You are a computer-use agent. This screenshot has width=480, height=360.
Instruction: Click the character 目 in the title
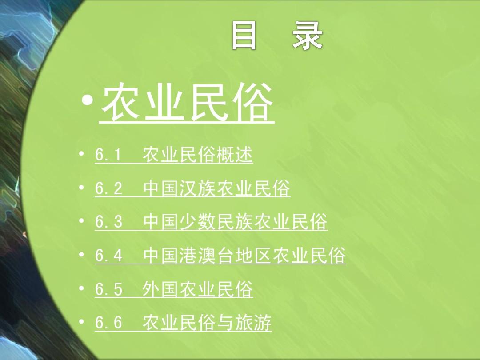point(244,36)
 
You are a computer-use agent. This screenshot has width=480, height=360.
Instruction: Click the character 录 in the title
point(307,36)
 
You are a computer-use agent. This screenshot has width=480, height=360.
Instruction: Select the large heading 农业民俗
point(187,104)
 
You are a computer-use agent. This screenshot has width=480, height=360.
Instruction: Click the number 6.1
point(108,155)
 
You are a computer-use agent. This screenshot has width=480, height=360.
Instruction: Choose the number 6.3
point(108,222)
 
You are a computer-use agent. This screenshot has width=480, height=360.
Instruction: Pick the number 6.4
point(108,256)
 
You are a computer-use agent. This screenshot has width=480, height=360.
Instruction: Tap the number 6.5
point(108,289)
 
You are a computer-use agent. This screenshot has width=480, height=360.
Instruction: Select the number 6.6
point(108,323)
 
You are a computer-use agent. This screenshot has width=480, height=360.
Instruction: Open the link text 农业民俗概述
point(197,155)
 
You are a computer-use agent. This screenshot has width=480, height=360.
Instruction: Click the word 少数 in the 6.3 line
point(198,222)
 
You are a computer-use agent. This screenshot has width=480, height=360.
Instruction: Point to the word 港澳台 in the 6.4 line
point(207,256)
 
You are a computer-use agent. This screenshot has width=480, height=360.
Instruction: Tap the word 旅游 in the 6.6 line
point(253,323)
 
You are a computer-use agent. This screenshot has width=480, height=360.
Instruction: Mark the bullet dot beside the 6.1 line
point(81,154)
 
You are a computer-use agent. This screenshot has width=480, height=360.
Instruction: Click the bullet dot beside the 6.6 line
point(81,321)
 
